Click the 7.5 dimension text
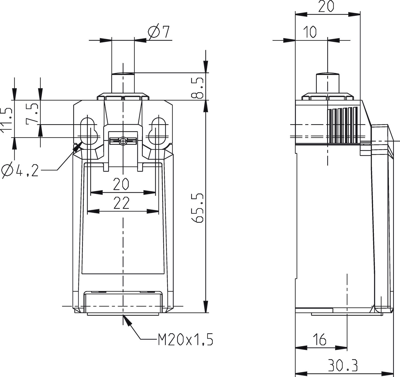coord(32,113)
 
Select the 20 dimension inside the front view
coord(121,184)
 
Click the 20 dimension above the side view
coord(326,6)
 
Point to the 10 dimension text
coord(310,32)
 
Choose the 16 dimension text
coord(319,339)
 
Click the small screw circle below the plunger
coord(122,141)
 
